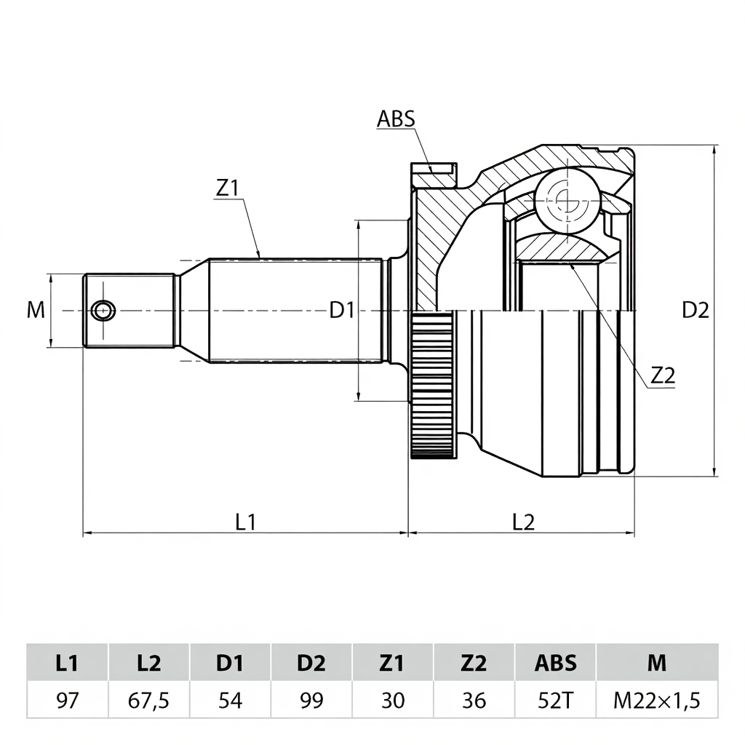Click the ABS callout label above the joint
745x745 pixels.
396,119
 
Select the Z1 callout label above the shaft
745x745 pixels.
227,188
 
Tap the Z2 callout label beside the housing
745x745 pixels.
663,375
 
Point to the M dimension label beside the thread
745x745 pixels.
36,311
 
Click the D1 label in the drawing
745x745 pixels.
342,311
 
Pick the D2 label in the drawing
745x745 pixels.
695,311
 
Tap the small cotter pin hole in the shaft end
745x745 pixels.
103,311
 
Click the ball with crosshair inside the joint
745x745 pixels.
565,197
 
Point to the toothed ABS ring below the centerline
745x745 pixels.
432,385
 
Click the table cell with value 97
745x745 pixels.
68,701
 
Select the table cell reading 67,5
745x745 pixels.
148,701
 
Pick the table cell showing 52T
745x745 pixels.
555,701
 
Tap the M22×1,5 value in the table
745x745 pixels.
656,701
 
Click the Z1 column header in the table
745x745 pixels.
392,663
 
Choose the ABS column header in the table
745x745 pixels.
555,663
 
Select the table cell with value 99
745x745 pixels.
311,701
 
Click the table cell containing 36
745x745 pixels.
474,701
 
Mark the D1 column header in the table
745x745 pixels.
230,663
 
